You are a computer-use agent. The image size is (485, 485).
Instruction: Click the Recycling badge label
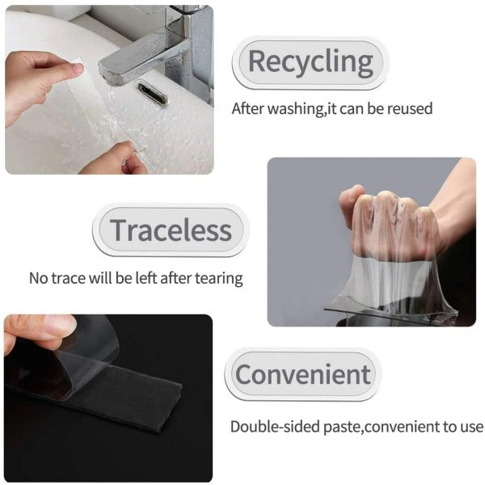click(310, 61)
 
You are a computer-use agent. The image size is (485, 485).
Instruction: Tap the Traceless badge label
click(171, 230)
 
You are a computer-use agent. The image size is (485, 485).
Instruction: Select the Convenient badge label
click(302, 374)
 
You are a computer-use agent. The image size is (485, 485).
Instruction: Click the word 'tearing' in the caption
click(216, 278)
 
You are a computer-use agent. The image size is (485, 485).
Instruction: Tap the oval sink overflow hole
click(151, 94)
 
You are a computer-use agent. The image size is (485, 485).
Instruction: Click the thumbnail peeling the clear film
click(57, 325)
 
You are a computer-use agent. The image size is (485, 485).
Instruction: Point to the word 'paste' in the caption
click(341, 427)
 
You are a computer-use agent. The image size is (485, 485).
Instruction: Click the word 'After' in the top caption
click(247, 108)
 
